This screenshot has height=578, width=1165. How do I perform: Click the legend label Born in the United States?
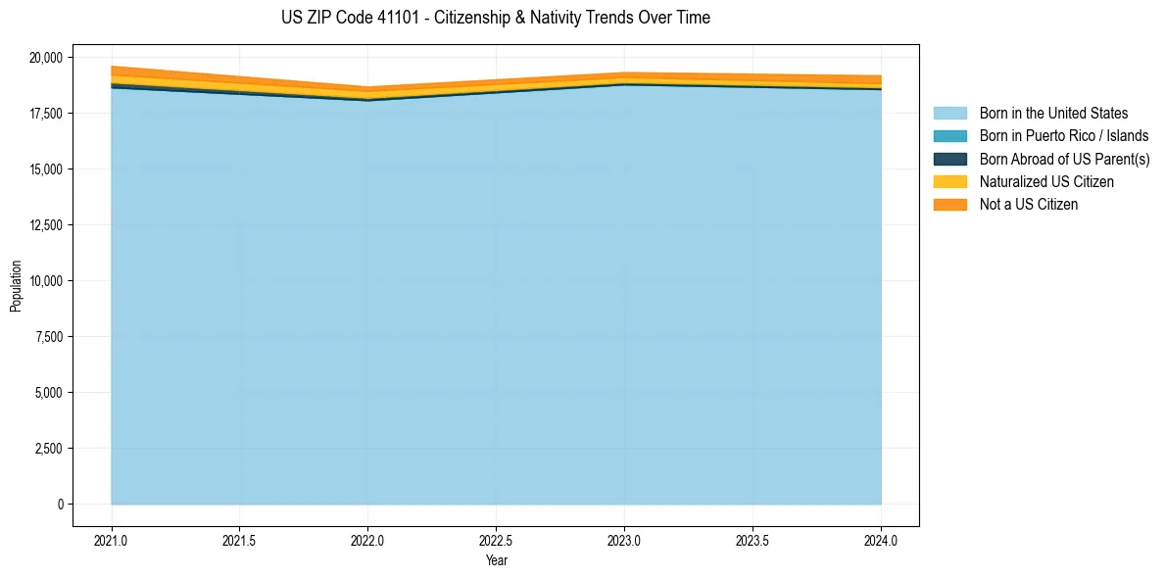coord(1053,114)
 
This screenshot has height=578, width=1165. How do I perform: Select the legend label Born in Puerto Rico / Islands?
coord(1064,136)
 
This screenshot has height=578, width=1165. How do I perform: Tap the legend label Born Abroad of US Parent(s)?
coord(1064,159)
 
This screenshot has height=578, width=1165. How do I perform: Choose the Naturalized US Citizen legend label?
coord(1046,182)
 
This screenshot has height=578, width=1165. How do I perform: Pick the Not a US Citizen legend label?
coord(1028,205)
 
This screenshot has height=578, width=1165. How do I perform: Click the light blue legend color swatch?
coord(949,114)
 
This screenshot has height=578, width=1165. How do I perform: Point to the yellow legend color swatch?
coord(949,182)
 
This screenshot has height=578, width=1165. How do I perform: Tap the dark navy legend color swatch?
coord(949,159)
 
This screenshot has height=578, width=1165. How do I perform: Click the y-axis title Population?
coord(16,286)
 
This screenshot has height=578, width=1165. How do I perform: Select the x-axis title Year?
coord(496,561)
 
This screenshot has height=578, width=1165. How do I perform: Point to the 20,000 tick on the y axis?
coord(44,58)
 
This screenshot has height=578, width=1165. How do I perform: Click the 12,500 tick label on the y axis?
coord(44,225)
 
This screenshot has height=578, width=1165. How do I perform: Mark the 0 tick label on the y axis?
coord(60,505)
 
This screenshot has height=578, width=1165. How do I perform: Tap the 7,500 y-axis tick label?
coord(47,337)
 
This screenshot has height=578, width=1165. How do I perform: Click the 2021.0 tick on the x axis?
coord(112,540)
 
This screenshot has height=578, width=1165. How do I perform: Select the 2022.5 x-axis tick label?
coord(496,540)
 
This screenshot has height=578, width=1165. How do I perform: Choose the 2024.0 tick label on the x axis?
coord(881,540)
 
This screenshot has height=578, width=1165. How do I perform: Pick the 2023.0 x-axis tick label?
coord(624,540)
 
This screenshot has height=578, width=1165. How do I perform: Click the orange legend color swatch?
coord(949,205)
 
